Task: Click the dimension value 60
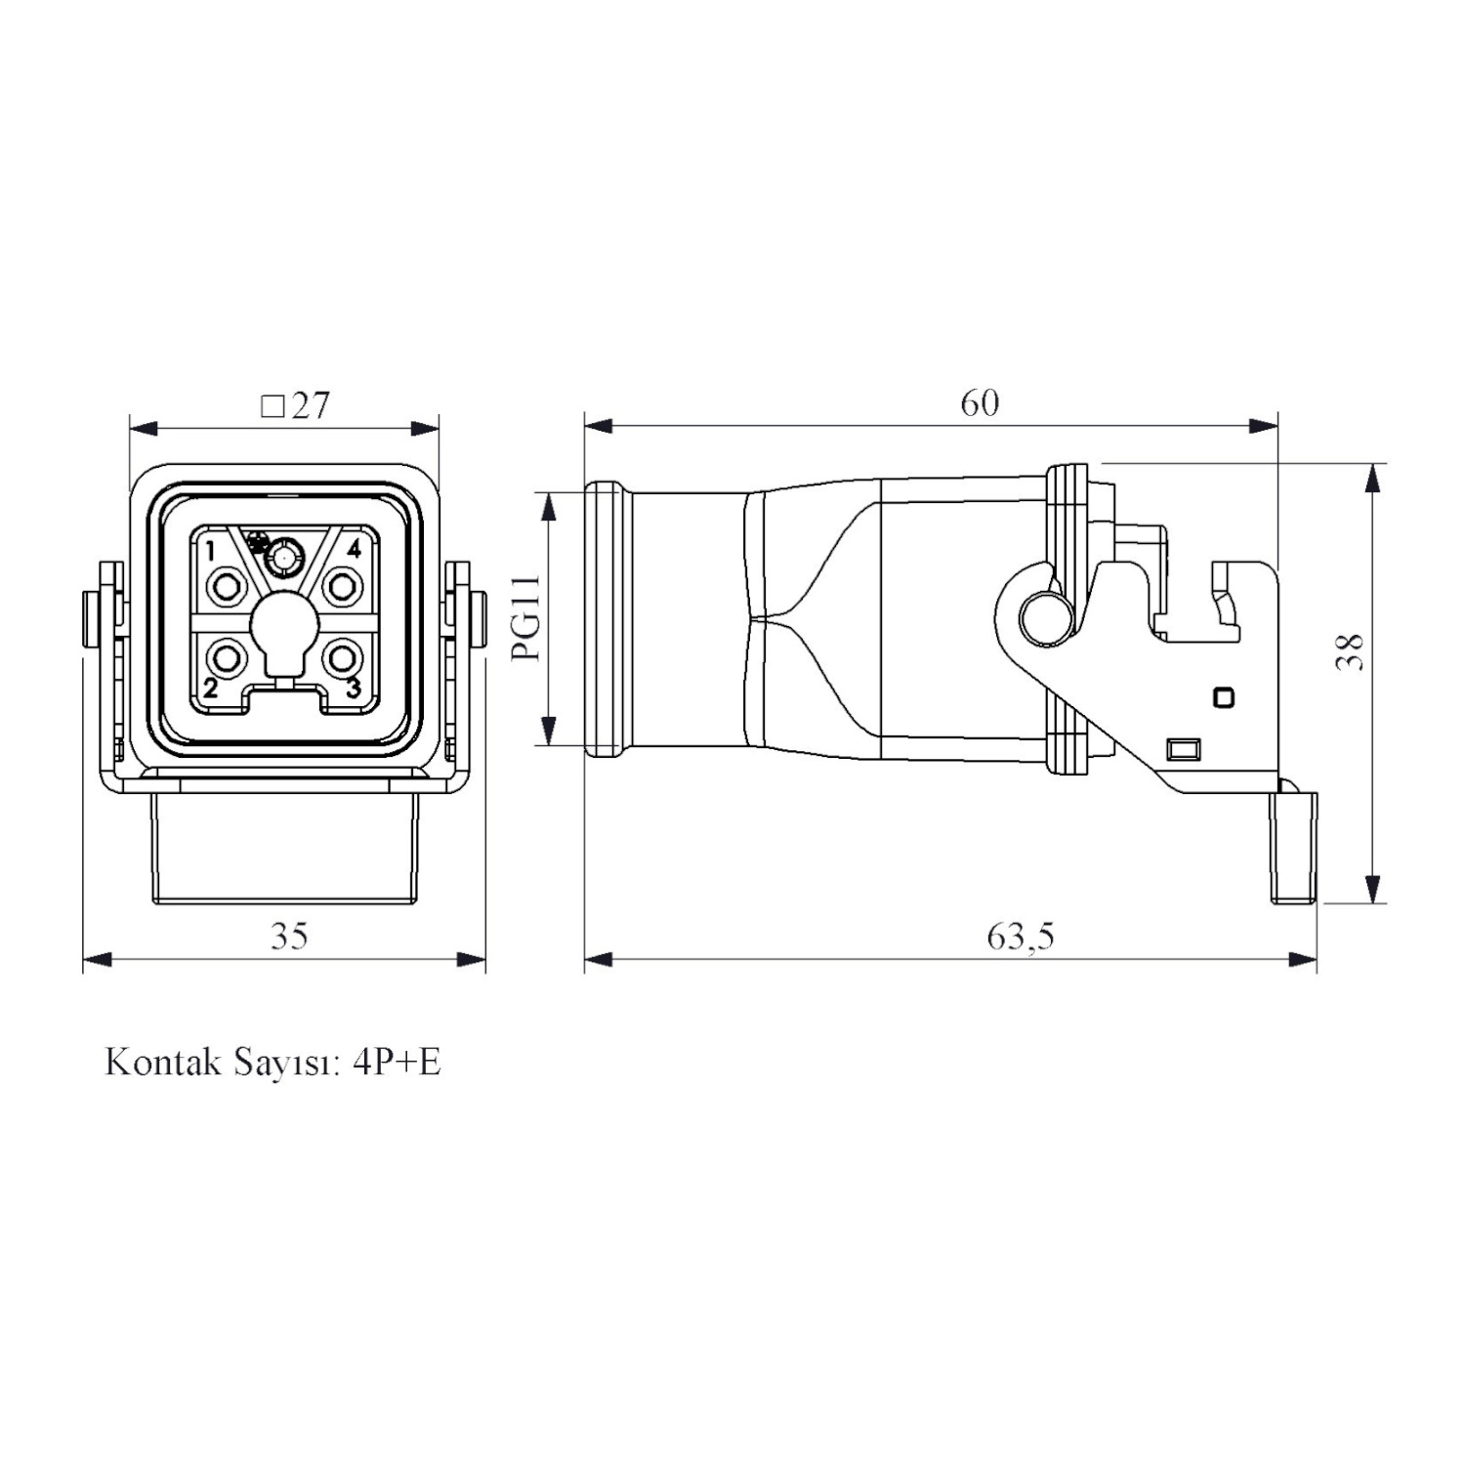(x=980, y=402)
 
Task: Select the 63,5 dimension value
(x=1021, y=937)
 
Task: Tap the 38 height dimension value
(x=1351, y=651)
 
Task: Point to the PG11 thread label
(x=527, y=617)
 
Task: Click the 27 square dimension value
(x=311, y=404)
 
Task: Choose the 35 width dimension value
(x=289, y=936)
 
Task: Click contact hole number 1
(x=229, y=587)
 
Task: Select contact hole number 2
(x=229, y=658)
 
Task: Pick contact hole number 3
(x=341, y=658)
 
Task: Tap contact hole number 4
(x=341, y=587)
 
